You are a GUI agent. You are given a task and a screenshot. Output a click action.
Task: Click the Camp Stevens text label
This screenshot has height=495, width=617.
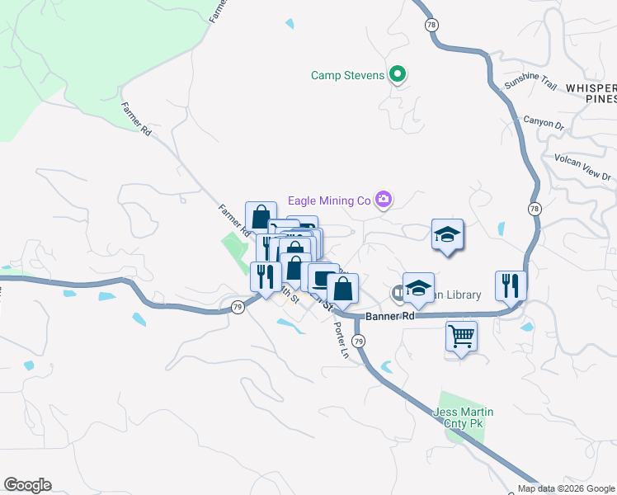(347, 76)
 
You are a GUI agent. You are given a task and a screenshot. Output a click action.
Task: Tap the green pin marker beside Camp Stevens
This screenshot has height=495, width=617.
(397, 75)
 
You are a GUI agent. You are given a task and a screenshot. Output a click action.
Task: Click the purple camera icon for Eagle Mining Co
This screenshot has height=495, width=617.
(383, 199)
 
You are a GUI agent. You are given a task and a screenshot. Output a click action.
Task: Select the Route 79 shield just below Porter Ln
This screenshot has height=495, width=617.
(358, 341)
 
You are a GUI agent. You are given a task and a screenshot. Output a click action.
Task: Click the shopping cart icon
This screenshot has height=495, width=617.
(461, 335)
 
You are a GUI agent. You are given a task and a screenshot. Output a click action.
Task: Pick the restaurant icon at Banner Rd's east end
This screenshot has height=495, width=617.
(511, 285)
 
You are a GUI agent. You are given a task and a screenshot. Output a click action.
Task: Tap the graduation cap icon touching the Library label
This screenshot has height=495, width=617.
(418, 287)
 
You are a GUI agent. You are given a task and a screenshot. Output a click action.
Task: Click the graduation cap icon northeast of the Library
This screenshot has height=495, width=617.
(447, 234)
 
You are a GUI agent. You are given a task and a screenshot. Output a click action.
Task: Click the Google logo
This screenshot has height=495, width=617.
(27, 485)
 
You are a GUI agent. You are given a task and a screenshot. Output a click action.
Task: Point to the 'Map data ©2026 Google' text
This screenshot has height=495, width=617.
(566, 488)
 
